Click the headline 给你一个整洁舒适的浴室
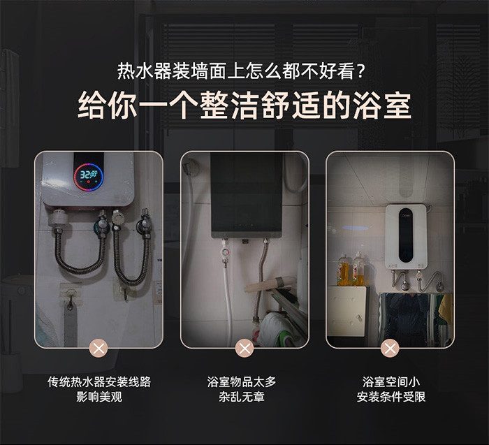click(x=245, y=105)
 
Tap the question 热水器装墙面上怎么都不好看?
click(x=241, y=71)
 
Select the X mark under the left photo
click(x=98, y=349)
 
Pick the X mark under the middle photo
click(x=245, y=349)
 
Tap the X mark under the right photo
click(x=390, y=349)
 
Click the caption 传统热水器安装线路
click(x=99, y=381)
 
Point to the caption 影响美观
click(x=99, y=397)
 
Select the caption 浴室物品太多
click(x=242, y=381)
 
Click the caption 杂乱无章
click(x=242, y=397)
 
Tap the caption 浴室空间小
click(x=391, y=381)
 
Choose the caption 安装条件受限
click(x=391, y=397)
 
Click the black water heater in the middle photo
click(x=247, y=196)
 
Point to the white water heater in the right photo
click(x=407, y=236)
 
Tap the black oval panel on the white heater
click(x=407, y=235)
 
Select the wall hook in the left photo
click(x=71, y=302)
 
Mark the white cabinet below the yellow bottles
click(x=346, y=311)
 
